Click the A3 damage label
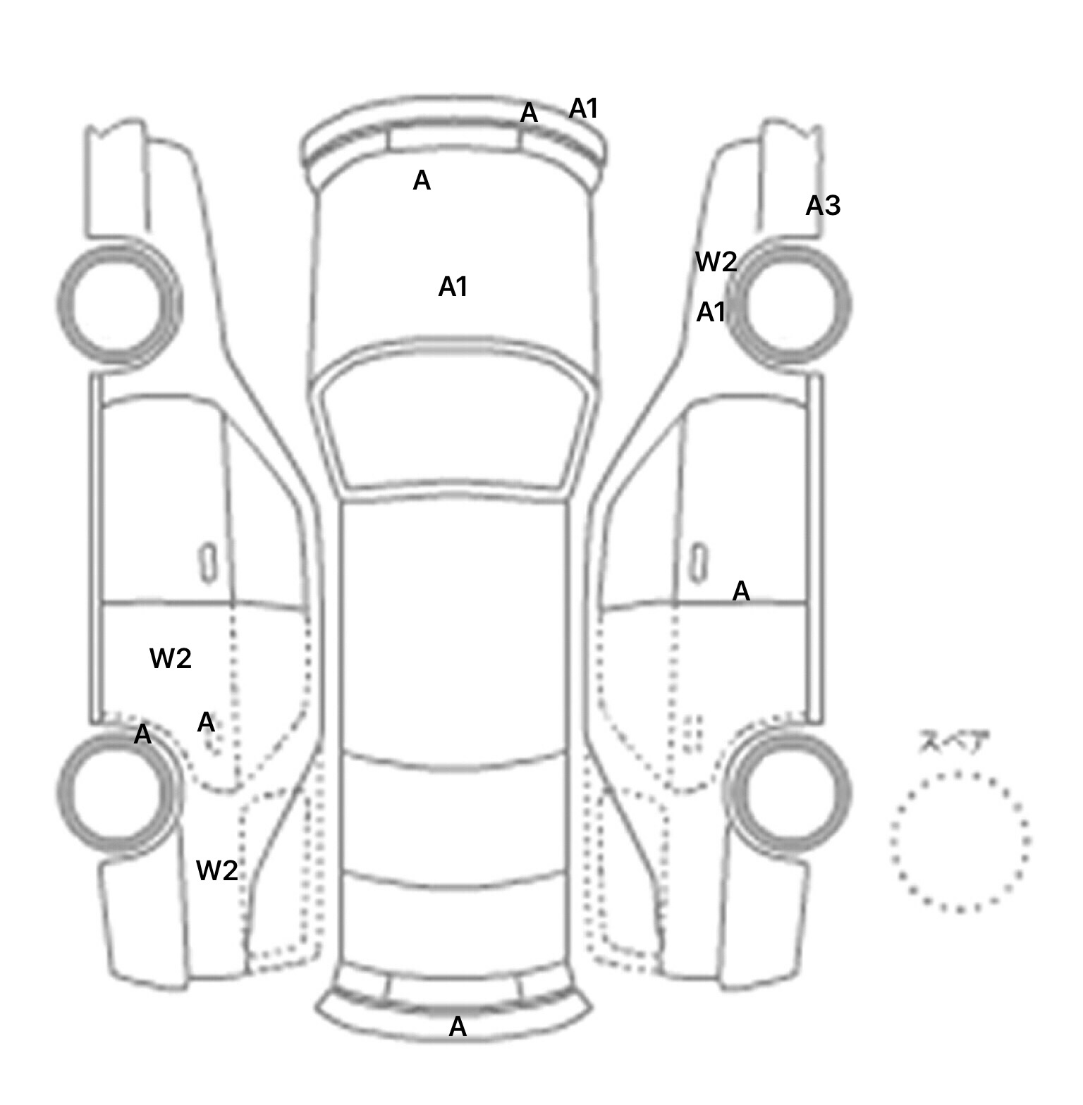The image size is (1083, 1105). (823, 206)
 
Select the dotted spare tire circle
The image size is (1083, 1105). (960, 841)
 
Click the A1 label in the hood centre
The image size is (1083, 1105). (453, 287)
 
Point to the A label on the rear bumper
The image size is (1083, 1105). (458, 1027)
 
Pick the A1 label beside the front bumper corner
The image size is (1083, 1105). (583, 109)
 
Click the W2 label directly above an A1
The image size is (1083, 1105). (716, 262)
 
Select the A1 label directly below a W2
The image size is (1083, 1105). (711, 312)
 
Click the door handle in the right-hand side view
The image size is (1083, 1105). (698, 563)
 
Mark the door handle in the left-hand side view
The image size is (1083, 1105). (209, 563)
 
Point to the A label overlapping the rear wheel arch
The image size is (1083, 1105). (142, 734)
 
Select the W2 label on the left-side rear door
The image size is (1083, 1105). (171, 659)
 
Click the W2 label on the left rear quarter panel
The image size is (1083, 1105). (216, 871)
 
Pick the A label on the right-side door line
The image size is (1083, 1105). (740, 591)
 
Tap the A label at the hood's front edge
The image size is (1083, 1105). (421, 181)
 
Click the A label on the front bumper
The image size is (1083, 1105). (528, 113)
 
